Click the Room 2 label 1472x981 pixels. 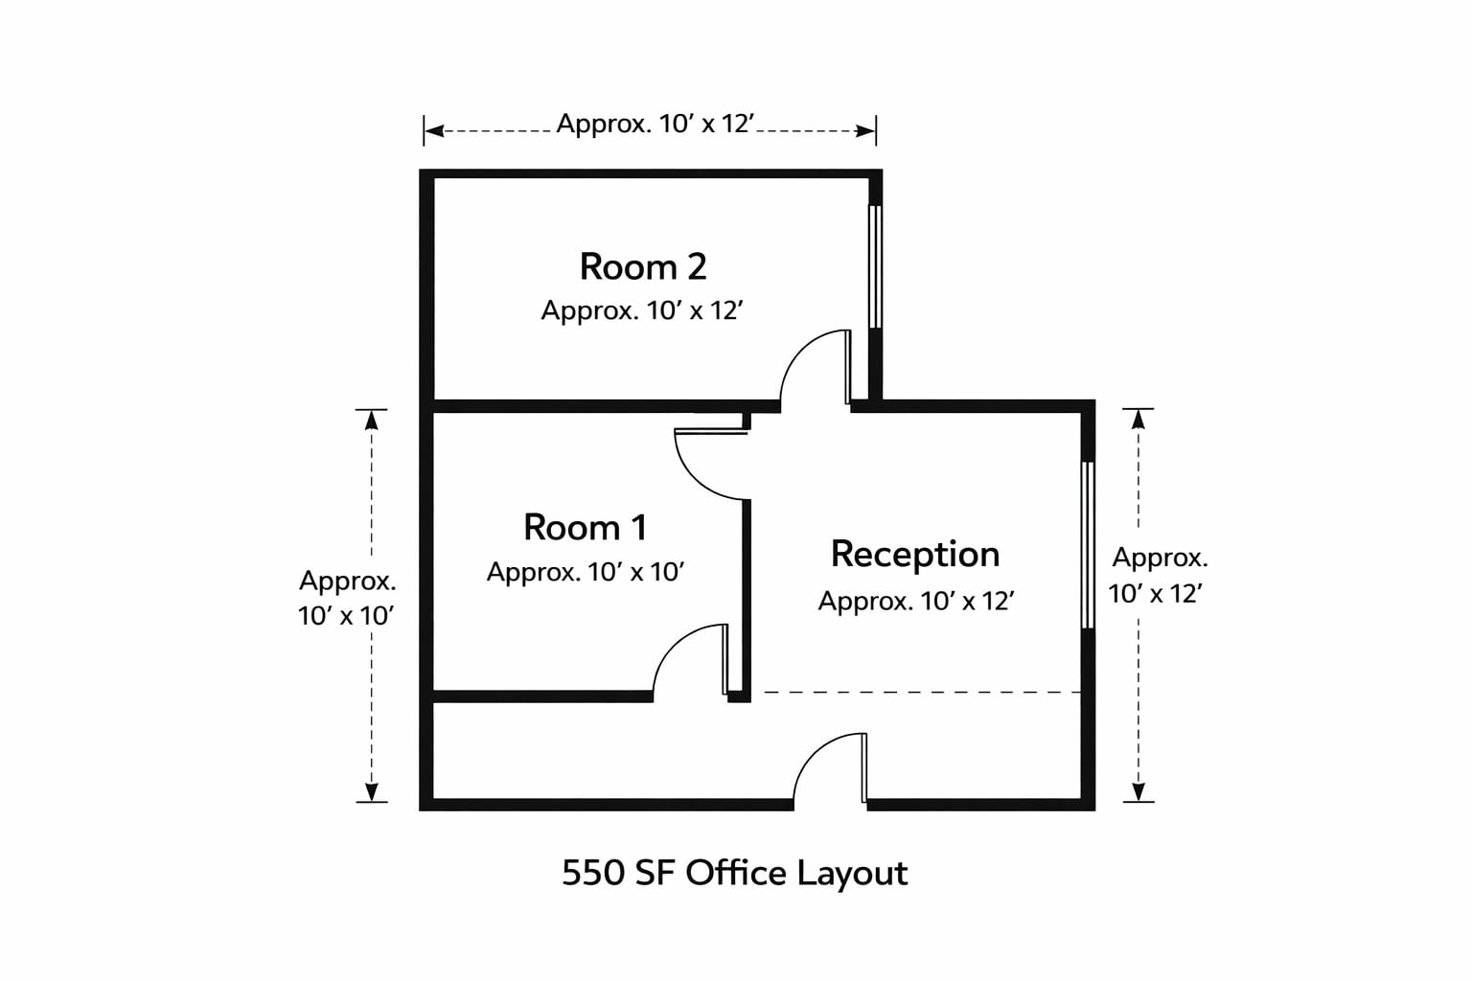point(643,266)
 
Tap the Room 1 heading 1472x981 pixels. point(585,527)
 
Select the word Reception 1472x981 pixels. point(915,554)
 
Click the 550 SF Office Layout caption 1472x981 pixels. point(735,874)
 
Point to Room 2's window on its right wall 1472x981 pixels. point(875,266)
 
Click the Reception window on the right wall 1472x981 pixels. point(1088,545)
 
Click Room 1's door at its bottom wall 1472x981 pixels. point(691,660)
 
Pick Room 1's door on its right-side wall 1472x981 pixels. point(712,464)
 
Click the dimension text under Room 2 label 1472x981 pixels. point(642,310)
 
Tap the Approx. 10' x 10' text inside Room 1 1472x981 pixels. point(586,572)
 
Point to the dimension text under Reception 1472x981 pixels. point(916,602)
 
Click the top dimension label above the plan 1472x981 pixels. point(655,124)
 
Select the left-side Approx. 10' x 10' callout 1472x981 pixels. point(346,598)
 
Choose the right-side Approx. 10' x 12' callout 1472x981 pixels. point(1158,576)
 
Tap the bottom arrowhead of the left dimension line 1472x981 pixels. point(371,791)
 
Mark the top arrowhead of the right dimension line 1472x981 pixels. point(1138,420)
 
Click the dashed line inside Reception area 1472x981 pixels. point(922,692)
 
